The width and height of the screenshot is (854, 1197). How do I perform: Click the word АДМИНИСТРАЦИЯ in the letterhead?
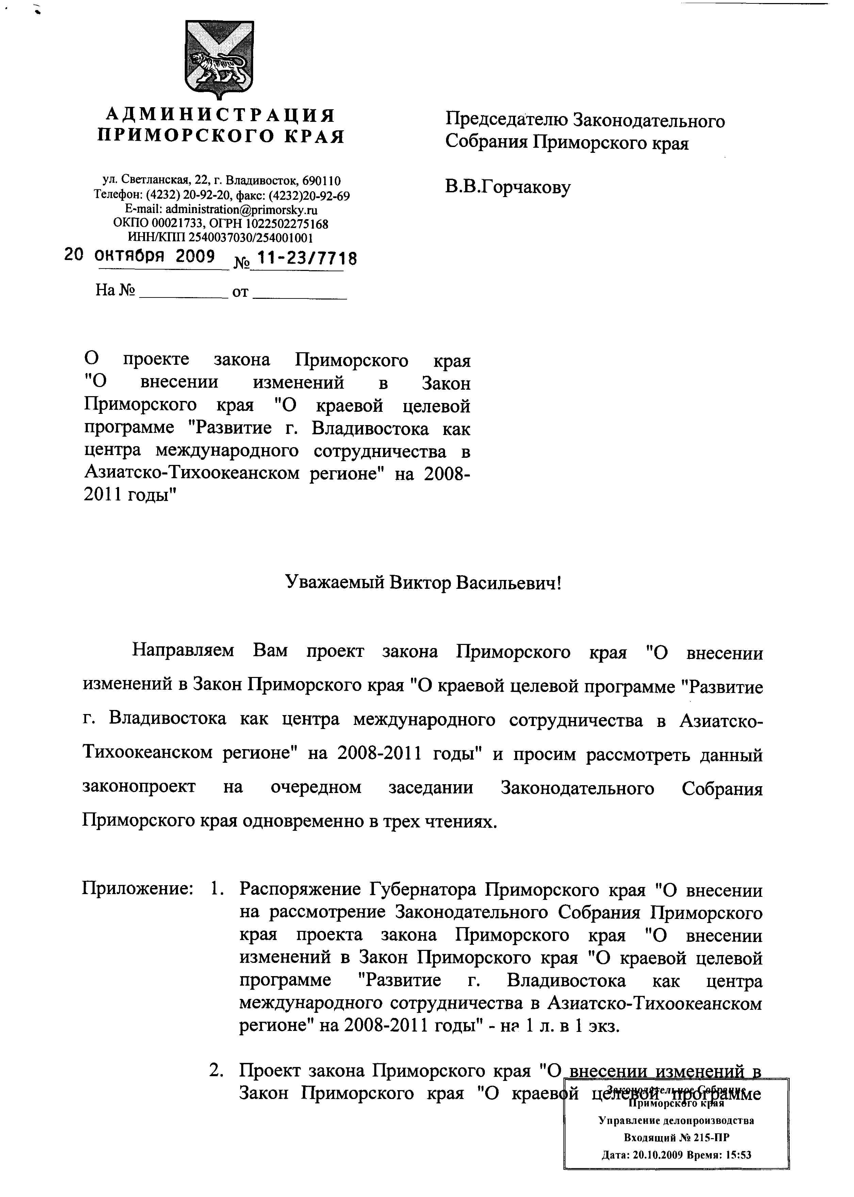(x=220, y=115)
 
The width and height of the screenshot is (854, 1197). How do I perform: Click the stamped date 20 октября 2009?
(x=139, y=256)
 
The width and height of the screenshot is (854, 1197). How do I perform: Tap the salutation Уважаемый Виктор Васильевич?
(x=423, y=583)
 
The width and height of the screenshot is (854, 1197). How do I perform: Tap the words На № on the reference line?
(x=115, y=290)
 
